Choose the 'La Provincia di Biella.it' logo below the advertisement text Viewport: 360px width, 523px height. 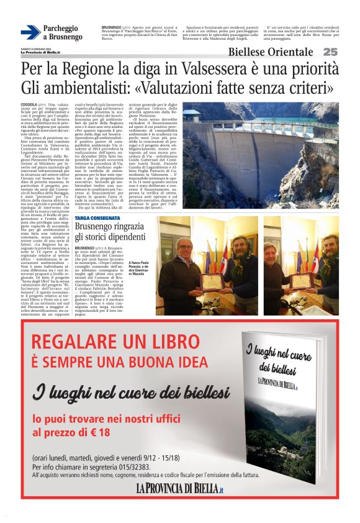179,489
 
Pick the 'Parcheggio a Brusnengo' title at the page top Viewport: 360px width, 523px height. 62,33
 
